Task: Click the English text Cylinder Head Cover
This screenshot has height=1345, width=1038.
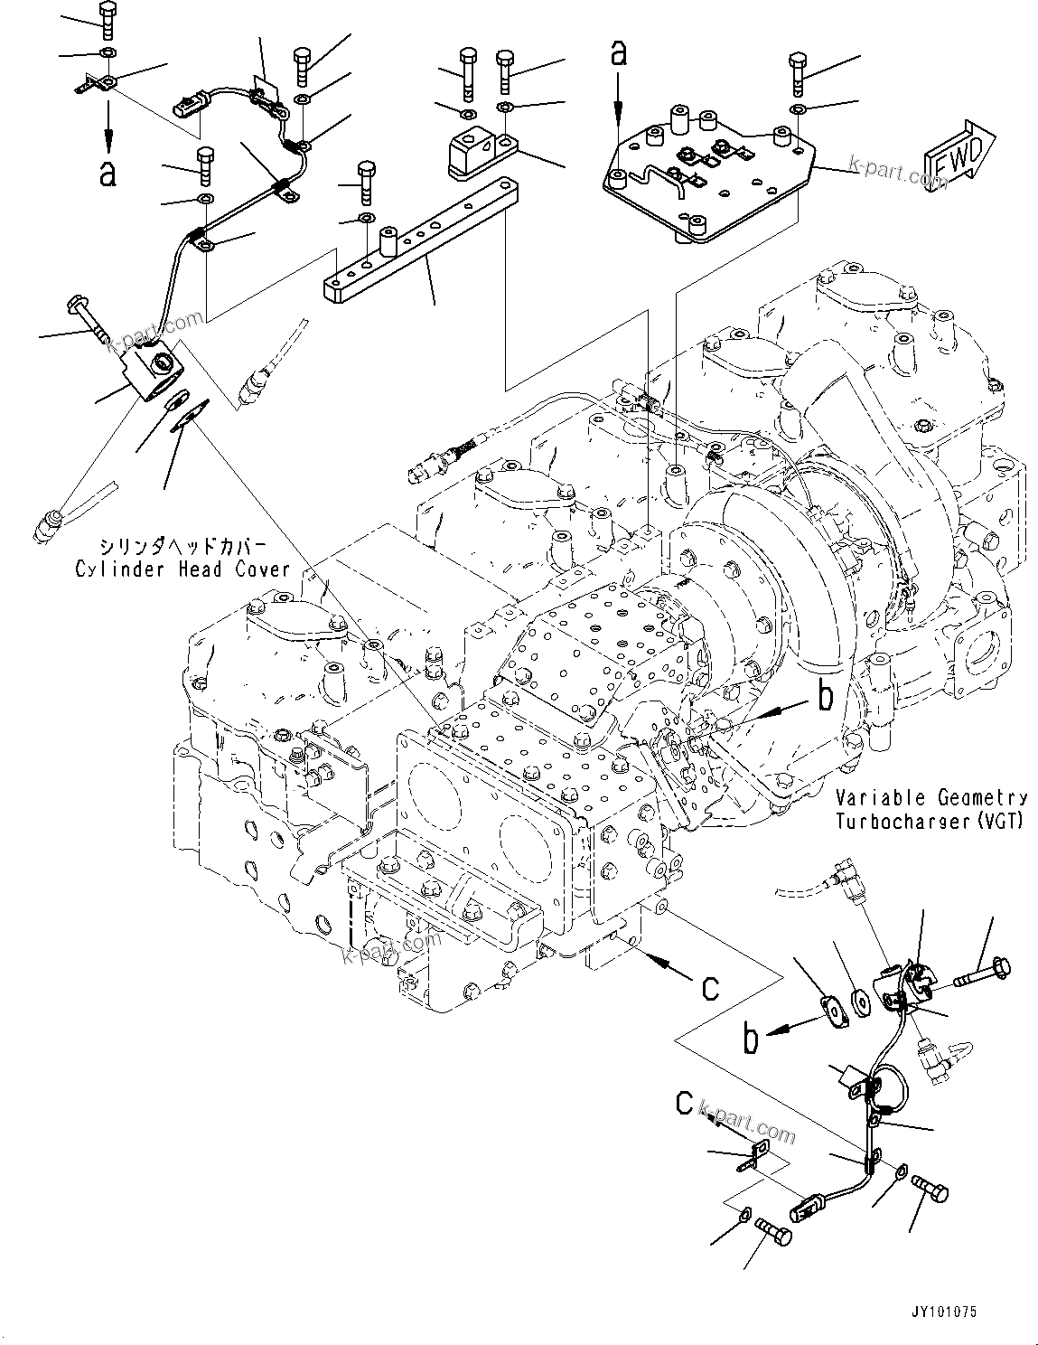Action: click(182, 569)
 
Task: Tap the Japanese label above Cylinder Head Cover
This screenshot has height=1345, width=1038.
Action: click(182, 547)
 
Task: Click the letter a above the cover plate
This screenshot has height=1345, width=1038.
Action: click(618, 54)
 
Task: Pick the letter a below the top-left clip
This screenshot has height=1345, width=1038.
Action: click(108, 173)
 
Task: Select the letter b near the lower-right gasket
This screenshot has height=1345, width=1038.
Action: click(749, 1040)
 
